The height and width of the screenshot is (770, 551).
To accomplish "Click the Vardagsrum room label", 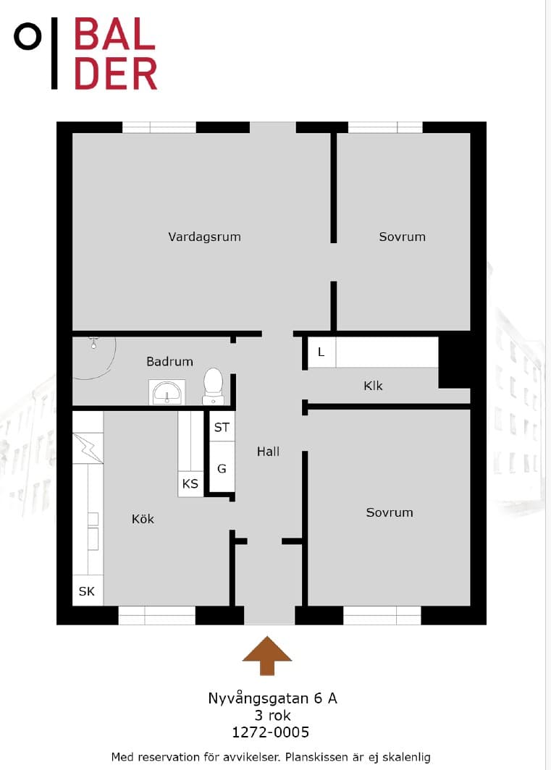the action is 204,237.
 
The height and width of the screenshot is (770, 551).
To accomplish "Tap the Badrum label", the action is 169,361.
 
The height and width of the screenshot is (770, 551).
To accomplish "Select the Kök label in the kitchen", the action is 143,519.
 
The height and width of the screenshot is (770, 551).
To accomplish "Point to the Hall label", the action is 268,452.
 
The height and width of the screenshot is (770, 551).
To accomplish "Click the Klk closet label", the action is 373,386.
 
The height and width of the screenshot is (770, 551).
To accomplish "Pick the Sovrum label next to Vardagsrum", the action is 402,237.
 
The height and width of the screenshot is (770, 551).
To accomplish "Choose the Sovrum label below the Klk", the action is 390,512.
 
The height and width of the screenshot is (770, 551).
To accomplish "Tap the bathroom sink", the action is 167,392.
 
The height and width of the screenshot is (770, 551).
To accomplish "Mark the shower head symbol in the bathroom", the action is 93,342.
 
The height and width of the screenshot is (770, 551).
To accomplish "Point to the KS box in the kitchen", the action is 190,483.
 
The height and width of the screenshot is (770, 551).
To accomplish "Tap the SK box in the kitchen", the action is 87,591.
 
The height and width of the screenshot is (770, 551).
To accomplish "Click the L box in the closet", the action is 321,352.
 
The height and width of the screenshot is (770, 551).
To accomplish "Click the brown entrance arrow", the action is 267,656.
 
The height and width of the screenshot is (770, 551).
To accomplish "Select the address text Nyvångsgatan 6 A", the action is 272,698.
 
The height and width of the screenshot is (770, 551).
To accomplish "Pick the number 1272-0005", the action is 270,732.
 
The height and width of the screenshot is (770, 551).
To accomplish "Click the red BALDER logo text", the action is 116,54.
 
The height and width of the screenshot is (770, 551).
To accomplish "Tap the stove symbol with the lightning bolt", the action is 88,448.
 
